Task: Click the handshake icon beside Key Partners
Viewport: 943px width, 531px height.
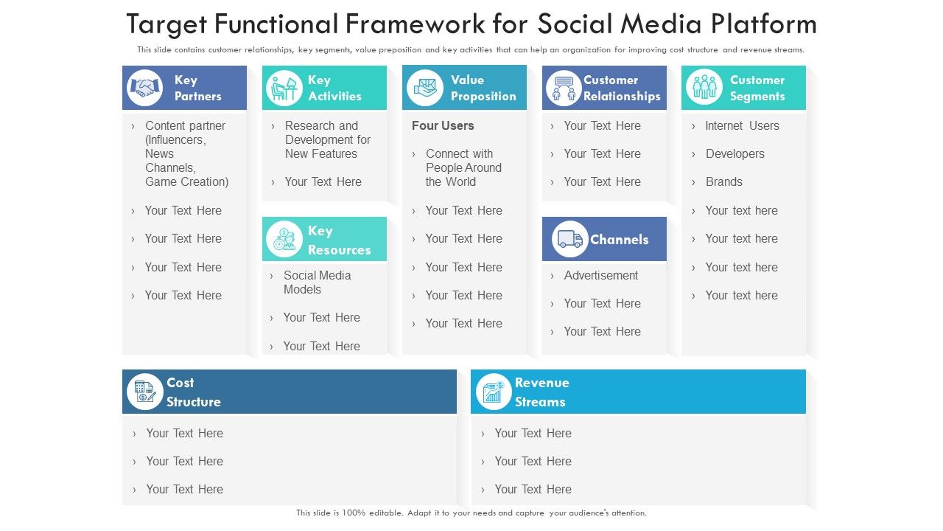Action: click(x=145, y=88)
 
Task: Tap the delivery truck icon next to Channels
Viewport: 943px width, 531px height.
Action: click(x=569, y=239)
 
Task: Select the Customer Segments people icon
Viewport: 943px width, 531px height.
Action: click(x=704, y=88)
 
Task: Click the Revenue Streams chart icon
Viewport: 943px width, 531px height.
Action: click(x=493, y=392)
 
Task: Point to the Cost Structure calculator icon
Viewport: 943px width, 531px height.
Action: click(x=144, y=392)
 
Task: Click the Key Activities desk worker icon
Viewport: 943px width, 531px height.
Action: click(x=284, y=88)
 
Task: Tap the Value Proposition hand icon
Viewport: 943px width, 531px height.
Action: click(x=424, y=88)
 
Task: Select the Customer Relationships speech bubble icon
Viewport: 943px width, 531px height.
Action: click(x=564, y=88)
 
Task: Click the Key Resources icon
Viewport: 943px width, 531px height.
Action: click(x=284, y=239)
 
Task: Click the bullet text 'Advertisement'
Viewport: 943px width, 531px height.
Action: click(x=601, y=275)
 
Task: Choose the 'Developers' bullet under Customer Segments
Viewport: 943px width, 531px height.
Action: click(x=735, y=153)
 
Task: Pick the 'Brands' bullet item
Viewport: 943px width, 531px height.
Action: click(x=723, y=181)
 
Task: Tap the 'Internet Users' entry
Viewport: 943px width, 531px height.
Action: click(x=742, y=125)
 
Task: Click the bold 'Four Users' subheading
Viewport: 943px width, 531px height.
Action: click(x=443, y=125)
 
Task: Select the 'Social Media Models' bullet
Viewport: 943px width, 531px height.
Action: click(x=317, y=282)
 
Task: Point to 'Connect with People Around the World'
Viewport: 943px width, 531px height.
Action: click(x=463, y=167)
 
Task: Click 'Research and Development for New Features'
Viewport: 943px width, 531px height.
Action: click(x=327, y=139)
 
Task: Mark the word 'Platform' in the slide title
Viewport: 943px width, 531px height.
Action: click(x=764, y=24)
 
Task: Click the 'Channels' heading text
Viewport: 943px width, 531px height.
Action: click(x=619, y=240)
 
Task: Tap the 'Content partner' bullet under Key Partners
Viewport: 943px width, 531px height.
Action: click(x=186, y=153)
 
